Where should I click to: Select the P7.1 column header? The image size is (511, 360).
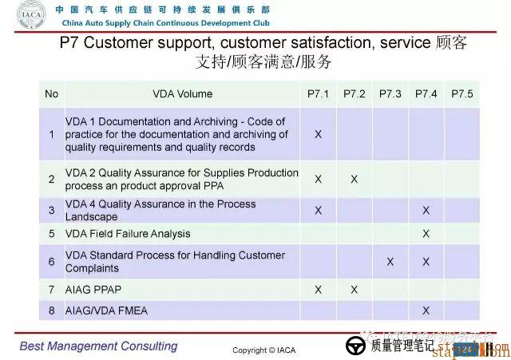pos(318,94)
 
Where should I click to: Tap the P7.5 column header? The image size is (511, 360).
pos(461,94)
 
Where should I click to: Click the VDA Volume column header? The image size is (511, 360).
pos(183,94)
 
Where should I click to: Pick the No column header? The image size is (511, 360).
pos(52,94)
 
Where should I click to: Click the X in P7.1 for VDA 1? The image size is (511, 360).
pos(318,134)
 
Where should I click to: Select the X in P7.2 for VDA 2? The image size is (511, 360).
pos(354,179)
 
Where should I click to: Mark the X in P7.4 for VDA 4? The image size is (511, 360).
pos(426,210)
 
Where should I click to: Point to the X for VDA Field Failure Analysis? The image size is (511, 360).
pos(426,234)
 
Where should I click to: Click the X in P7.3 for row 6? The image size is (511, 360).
pos(390,262)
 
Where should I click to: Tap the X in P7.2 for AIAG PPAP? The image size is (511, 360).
pos(354,289)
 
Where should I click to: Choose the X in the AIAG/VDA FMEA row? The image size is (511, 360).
pos(426,310)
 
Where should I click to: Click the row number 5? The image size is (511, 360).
pos(52,234)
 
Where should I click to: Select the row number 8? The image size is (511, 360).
pos(52,310)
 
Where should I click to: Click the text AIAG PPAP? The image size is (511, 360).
pos(93,289)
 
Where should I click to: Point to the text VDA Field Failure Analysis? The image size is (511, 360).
pos(128,234)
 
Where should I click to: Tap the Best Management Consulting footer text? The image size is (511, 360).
pos(99,346)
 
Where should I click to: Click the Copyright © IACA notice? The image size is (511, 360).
pos(264,350)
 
